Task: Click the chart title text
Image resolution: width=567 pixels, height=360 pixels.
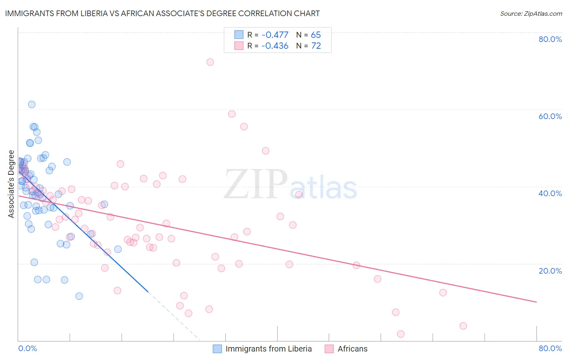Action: point(163,14)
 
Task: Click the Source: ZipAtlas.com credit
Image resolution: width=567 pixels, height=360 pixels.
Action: point(531,14)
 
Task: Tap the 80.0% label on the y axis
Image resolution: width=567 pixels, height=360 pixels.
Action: point(550,39)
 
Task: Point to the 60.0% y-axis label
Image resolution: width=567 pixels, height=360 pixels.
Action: point(550,116)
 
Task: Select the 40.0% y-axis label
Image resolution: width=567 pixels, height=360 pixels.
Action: point(550,193)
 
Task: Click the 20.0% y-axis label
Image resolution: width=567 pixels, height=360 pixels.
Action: point(550,271)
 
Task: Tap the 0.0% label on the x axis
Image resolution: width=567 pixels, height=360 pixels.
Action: point(27,348)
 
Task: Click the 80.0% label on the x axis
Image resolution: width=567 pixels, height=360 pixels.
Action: point(550,348)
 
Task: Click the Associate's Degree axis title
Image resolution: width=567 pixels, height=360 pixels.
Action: point(11,184)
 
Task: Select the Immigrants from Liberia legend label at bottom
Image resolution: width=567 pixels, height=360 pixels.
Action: point(269,349)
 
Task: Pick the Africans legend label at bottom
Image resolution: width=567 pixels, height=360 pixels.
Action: point(352,349)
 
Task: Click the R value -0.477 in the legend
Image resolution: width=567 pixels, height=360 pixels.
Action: point(275,35)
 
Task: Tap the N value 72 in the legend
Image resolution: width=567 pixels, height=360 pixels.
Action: point(316,46)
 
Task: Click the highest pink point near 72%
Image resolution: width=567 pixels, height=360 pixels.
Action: point(210,62)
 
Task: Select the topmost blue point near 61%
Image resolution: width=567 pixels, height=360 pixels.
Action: point(31,105)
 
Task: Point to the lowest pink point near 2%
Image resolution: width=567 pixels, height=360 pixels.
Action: point(400,334)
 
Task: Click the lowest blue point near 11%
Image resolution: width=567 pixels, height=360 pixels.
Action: point(79,296)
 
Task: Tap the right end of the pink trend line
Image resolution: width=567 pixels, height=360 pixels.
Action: point(536,302)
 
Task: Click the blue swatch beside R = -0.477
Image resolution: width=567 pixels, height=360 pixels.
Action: point(239,35)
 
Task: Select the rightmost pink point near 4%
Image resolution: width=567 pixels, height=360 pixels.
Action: point(463,326)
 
